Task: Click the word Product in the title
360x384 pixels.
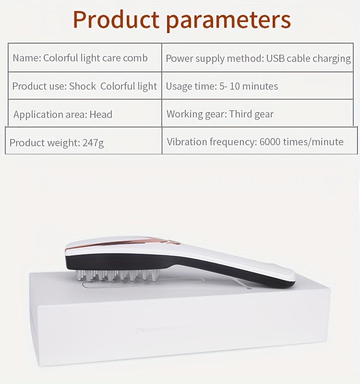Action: [116, 20]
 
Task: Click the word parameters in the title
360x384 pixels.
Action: [228, 21]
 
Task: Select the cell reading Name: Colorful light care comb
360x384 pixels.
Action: [85, 58]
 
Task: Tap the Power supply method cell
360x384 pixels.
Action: [257, 58]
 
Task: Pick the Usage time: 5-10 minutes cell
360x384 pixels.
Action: [257, 86]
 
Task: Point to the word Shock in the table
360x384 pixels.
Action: [83, 86]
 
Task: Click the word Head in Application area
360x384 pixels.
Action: [101, 115]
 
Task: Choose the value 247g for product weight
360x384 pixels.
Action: [93, 142]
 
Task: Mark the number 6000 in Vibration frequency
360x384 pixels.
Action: [270, 142]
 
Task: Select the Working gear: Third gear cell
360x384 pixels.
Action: [257, 113]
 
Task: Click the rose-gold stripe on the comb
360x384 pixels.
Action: [122, 243]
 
